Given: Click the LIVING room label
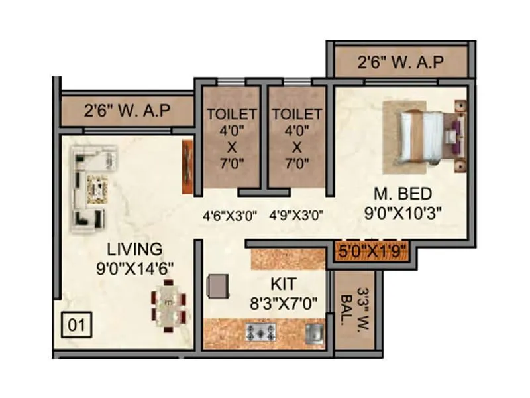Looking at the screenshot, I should pyautogui.click(x=134, y=249).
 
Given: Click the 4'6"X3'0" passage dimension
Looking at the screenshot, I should pyautogui.click(x=229, y=216).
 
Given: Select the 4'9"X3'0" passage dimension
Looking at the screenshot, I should pyautogui.click(x=296, y=216).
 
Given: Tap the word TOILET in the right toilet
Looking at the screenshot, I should pyautogui.click(x=296, y=113).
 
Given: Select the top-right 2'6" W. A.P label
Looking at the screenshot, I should pyautogui.click(x=400, y=63).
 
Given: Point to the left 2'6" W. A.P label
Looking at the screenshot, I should pyautogui.click(x=127, y=110).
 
